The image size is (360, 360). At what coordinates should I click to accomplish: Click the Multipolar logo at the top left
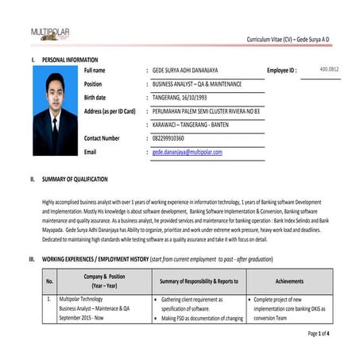(x=50, y=34)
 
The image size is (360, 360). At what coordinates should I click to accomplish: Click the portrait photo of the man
(x=56, y=114)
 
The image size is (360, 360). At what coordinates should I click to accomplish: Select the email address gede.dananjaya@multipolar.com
(x=187, y=151)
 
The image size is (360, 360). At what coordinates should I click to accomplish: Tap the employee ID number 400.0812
(x=329, y=69)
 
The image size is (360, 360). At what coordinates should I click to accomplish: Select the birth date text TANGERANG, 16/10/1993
(x=180, y=97)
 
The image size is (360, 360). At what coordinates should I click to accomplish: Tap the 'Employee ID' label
(x=282, y=71)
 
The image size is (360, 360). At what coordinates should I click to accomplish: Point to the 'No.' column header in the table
(x=50, y=281)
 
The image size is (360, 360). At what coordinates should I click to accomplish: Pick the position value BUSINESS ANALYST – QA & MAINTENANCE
(x=196, y=83)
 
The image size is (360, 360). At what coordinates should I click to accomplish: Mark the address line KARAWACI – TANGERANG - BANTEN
(x=192, y=124)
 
